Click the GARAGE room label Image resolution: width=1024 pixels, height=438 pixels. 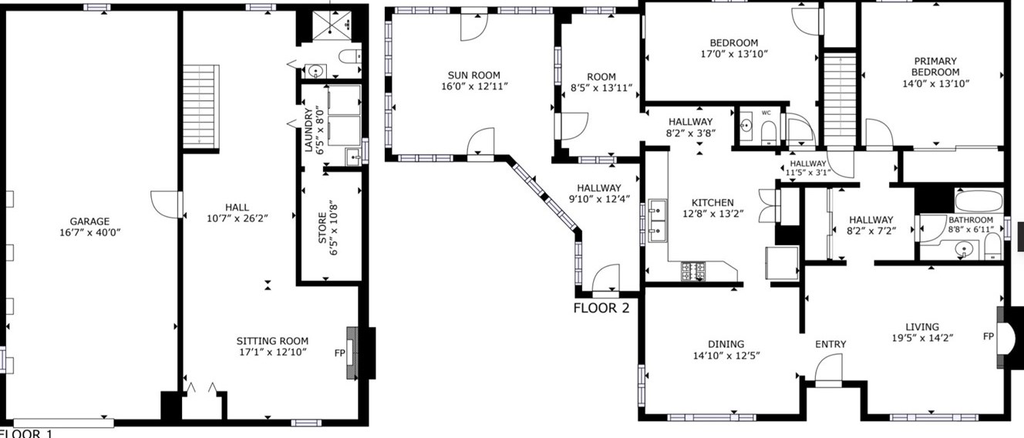pos(89,221)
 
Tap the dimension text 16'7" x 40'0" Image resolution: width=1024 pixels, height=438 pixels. pos(89,233)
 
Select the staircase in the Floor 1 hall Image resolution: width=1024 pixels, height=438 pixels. pos(200,106)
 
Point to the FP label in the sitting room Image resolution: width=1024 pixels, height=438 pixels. pos(339,353)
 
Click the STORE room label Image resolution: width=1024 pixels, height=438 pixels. pos(323,228)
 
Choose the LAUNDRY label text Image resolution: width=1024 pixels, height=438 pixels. pos(308,130)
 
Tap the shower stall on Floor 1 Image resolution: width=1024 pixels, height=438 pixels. pos(332,25)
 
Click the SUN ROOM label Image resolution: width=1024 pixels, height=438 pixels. pos(473,75)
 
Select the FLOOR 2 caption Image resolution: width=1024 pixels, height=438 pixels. pos(601,308)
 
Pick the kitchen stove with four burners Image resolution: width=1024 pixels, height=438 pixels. pos(693,271)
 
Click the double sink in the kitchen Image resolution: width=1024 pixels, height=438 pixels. pos(658,221)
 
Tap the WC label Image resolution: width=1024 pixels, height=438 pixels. pos(766,113)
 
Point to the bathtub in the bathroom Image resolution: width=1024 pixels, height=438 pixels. pos(979,201)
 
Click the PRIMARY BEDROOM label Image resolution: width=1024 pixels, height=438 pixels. pos(935,67)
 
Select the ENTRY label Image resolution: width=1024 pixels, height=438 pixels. pos(830,344)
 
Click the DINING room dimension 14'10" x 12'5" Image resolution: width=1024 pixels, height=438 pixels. pos(726,355)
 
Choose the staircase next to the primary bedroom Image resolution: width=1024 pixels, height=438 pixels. pos(840,100)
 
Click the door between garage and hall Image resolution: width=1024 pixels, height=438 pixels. pos(166,204)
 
